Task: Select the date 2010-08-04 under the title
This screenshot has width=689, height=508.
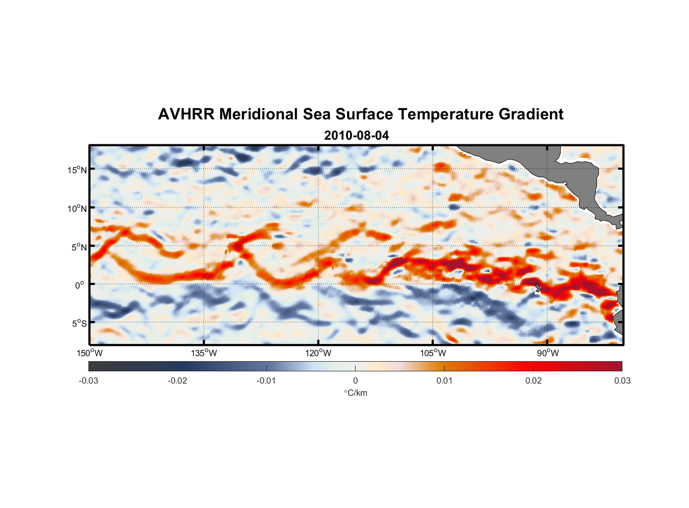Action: coord(356,136)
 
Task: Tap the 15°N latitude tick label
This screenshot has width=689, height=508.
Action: coord(77,170)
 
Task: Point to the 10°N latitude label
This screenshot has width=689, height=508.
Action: coord(77,208)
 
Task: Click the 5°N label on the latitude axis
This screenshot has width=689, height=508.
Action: coord(79,247)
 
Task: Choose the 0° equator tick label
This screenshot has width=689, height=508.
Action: coord(80,285)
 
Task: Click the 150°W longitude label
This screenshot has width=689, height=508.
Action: coord(90,353)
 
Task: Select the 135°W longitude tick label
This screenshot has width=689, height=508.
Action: coord(204,353)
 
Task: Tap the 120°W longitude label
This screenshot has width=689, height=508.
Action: coord(319,353)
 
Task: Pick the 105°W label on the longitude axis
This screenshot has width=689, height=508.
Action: coord(433,353)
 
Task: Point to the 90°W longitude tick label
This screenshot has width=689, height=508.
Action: coord(548,353)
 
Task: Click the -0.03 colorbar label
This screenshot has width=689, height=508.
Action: coord(88,380)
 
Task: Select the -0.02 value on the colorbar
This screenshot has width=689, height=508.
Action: coord(177,380)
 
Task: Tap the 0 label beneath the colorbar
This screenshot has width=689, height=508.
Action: coord(355,380)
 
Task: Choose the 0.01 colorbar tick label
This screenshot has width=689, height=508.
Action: coord(444,380)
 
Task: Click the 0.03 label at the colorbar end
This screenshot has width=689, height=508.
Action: coord(622,380)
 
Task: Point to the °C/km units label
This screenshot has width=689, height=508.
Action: coord(355,393)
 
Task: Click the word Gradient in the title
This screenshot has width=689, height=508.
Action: coord(531,114)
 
